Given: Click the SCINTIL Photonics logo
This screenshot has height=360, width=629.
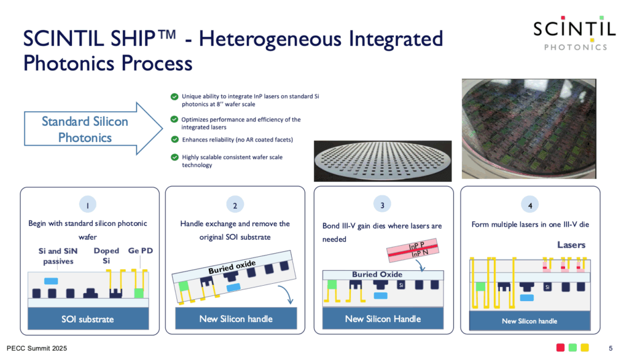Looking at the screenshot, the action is [574, 34].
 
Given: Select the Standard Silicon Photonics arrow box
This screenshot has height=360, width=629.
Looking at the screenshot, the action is [93, 129].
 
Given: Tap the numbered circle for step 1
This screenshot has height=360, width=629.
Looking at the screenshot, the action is [88, 205].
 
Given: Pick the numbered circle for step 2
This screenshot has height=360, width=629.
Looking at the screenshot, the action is [235, 205].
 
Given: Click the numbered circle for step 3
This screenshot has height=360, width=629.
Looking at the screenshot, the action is [382, 205].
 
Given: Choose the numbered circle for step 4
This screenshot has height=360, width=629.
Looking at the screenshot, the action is [530, 205].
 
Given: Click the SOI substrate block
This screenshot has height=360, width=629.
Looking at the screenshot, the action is [88, 319].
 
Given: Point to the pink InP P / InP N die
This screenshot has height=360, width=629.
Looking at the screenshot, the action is [412, 250].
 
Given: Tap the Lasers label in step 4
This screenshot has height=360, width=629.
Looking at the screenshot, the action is [571, 245].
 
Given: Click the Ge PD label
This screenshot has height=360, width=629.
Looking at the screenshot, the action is [141, 251].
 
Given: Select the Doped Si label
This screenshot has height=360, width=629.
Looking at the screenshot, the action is [106, 256].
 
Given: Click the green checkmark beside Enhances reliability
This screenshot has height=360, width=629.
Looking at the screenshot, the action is [174, 139].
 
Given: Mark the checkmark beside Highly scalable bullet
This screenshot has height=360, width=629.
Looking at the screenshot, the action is [174, 157].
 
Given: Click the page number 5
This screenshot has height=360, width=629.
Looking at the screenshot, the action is [611, 348].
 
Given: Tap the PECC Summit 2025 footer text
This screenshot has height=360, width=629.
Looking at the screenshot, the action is [37, 348].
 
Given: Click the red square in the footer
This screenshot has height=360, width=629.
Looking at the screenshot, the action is [560, 348].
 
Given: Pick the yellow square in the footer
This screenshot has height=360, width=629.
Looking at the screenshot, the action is [585, 348].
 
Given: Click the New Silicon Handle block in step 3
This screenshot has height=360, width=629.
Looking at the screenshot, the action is [383, 319].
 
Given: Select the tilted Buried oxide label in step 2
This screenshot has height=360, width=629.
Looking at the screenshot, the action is [232, 267].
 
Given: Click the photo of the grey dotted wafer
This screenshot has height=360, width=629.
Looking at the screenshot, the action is [383, 161].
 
